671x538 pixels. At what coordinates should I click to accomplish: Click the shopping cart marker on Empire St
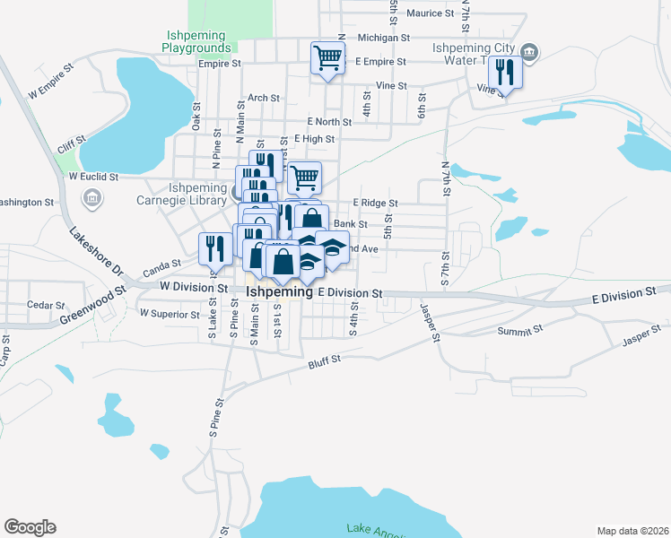pos(327,59)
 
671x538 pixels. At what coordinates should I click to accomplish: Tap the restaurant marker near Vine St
pos(505,73)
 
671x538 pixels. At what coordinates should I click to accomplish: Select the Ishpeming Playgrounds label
pos(199,41)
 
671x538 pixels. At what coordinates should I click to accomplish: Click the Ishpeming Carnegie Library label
pos(198,195)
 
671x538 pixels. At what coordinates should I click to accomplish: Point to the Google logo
pos(30,527)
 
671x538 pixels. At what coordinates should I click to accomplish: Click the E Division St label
pos(350,293)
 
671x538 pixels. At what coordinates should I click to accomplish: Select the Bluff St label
pos(326,360)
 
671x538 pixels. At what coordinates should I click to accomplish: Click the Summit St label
pos(517,332)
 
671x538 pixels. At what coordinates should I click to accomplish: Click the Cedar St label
pos(40,305)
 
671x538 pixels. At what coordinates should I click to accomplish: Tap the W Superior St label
pos(169,313)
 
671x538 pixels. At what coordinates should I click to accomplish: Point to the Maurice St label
pos(431,13)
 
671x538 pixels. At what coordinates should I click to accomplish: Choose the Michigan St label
pos(383,39)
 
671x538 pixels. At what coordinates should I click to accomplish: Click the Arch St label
pos(264,98)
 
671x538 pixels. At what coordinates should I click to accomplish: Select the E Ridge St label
pos(375,204)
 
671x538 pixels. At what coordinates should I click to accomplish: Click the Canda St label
pos(162,265)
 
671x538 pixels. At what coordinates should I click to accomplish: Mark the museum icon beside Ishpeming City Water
pos(529,51)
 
